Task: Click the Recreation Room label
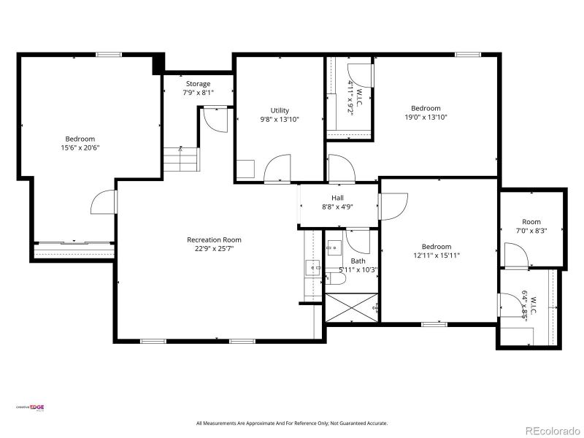click(x=214, y=239)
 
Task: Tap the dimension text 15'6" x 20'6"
click(x=80, y=147)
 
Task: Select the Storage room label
click(x=198, y=84)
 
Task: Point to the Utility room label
click(x=280, y=111)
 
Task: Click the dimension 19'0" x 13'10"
click(x=426, y=117)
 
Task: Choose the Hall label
click(x=337, y=198)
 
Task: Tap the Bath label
click(x=358, y=261)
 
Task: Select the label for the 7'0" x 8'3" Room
click(x=531, y=222)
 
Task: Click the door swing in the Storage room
click(x=215, y=118)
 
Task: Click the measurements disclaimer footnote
click(x=292, y=423)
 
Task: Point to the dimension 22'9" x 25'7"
click(x=214, y=248)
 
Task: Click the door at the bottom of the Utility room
click(x=277, y=169)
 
